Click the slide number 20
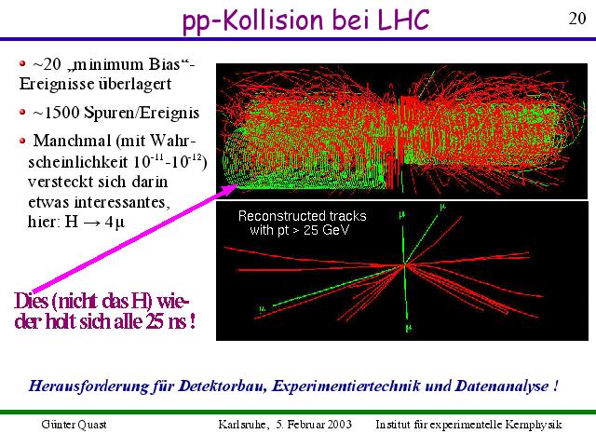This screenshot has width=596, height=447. pyautogui.click(x=577, y=19)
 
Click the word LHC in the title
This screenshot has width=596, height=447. pyautogui.click(x=403, y=20)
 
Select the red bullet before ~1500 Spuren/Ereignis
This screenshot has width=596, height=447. pyautogui.click(x=22, y=112)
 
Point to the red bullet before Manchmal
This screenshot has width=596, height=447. pyautogui.click(x=22, y=141)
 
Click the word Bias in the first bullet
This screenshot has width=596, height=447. pyautogui.click(x=164, y=64)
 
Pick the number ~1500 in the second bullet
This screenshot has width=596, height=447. pyautogui.click(x=56, y=113)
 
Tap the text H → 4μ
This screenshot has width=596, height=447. pyautogui.click(x=95, y=222)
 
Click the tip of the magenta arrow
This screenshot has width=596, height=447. pyautogui.click(x=238, y=185)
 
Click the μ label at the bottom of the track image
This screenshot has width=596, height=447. pyautogui.click(x=409, y=327)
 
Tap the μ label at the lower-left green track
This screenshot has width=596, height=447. pyautogui.click(x=263, y=309)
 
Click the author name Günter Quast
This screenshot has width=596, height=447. pyautogui.click(x=74, y=425)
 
